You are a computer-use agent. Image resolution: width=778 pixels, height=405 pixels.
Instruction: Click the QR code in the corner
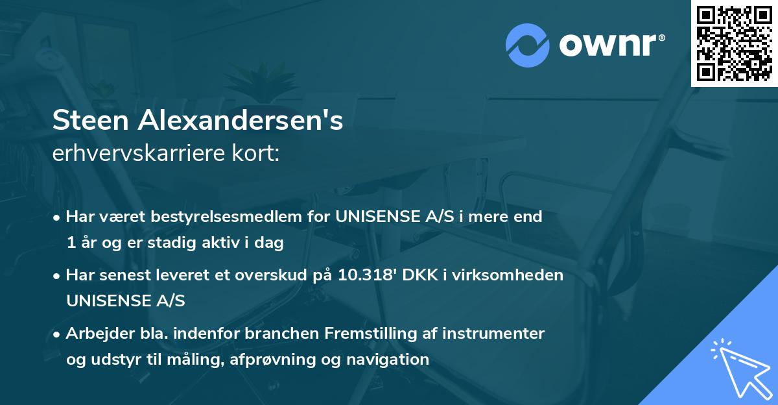point(735,43)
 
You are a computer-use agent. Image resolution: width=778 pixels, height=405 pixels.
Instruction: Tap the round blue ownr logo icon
point(527,45)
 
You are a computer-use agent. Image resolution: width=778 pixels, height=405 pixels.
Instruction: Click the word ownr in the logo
point(610,45)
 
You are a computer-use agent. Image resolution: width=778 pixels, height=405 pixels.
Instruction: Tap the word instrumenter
point(499,334)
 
